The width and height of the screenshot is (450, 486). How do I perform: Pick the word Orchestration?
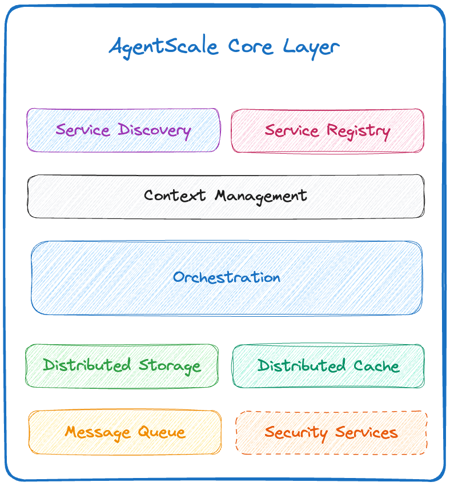tap(227, 277)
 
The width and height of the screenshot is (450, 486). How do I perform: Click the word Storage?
tap(170, 365)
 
